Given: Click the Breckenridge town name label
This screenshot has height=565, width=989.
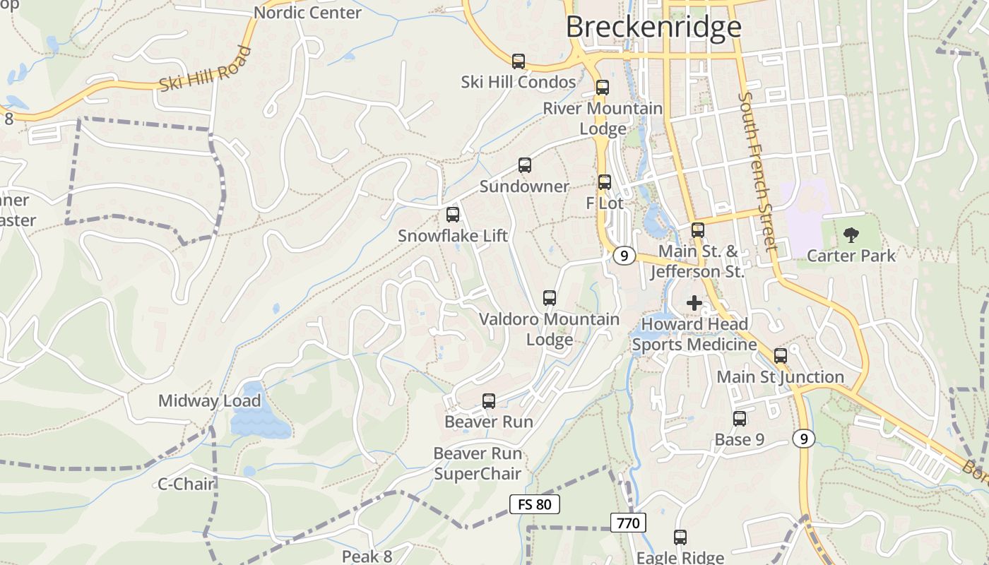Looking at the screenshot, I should coord(653,27).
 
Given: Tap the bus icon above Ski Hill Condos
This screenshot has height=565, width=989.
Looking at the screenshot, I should coord(519,61).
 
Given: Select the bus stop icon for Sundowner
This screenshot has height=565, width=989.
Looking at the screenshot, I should coord(524,165).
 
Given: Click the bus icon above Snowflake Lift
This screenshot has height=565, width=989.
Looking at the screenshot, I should coord(453,215).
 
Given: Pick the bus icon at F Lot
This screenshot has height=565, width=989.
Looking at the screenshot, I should coord(605,182).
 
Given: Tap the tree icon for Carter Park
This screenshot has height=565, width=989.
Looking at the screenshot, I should coord(851,235).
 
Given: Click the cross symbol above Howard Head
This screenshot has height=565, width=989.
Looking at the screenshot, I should coord(694,303).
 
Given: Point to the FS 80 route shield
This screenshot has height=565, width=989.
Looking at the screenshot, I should coord(535,504).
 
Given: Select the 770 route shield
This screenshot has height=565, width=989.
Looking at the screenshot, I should coord(628,523).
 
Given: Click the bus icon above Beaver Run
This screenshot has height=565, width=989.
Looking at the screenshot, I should coord(488,401).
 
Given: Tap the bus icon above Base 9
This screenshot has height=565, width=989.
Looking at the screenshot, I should coord(740,419).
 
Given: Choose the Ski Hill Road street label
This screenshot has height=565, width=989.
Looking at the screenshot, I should coord(205,69).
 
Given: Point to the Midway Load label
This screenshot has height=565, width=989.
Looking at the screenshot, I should coord(209,401).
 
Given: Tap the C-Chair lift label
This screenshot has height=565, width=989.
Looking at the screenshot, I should coord(186,484).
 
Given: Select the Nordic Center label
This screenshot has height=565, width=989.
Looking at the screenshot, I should coord(307,13).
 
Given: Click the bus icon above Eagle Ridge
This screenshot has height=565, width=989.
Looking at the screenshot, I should coord(680,537).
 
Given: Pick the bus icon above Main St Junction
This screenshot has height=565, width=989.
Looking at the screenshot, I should coord(781,356).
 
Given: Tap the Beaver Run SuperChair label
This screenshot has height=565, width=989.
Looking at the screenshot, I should coord(478,463).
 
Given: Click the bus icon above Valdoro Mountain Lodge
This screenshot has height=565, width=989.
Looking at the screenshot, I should coord(550,298).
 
